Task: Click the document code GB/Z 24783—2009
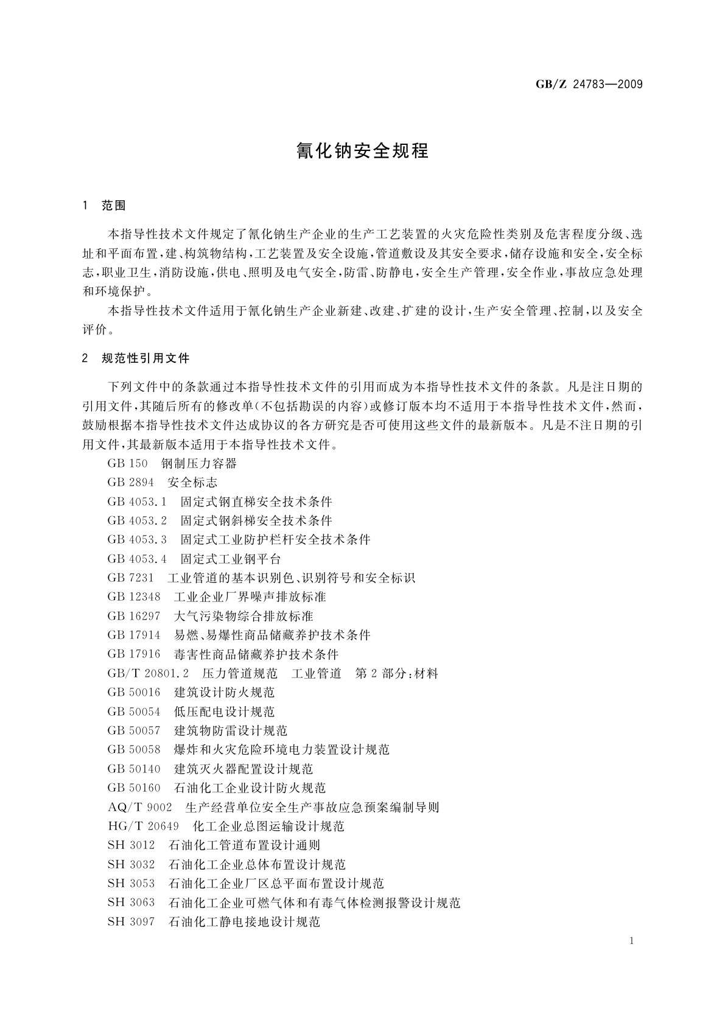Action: [589, 85]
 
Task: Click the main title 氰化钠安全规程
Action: [363, 151]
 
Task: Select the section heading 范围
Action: [114, 206]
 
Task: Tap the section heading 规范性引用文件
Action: [145, 359]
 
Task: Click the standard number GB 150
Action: [127, 464]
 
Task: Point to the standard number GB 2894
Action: [130, 483]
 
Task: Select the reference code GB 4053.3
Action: [137, 540]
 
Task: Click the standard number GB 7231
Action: [130, 578]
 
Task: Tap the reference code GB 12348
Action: [134, 597]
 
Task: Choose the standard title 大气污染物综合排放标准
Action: [243, 616]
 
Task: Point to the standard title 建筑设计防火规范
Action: [224, 693]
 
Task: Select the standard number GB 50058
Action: [134, 750]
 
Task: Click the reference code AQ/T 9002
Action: [139, 807]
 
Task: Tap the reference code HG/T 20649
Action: [143, 826]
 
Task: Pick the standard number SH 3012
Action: [131, 845]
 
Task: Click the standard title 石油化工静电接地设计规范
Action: [244, 922]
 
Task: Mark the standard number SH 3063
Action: [131, 903]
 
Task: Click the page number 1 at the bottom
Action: [632, 941]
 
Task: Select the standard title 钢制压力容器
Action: [199, 464]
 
